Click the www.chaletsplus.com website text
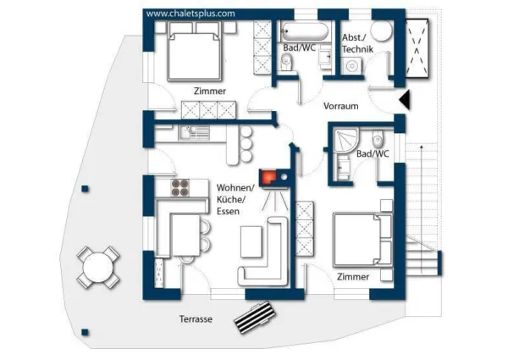tap(190, 14)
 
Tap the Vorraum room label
tap(341, 106)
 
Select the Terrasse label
tap(196, 318)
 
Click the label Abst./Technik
tap(357, 43)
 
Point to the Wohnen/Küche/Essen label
tap(235, 199)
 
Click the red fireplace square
tap(268, 176)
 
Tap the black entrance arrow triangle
tap(405, 99)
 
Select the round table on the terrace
tap(98, 268)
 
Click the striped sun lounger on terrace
tap(256, 317)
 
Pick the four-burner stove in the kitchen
tap(180, 187)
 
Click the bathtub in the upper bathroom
tap(304, 31)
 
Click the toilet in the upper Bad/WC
tap(286, 62)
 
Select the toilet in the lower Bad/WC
tap(378, 138)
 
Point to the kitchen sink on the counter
tap(194, 133)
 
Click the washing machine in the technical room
tap(351, 66)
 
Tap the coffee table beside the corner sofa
tap(251, 241)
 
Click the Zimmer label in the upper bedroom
tap(210, 91)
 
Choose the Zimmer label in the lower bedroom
tap(353, 277)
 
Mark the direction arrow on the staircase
tap(421, 209)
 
